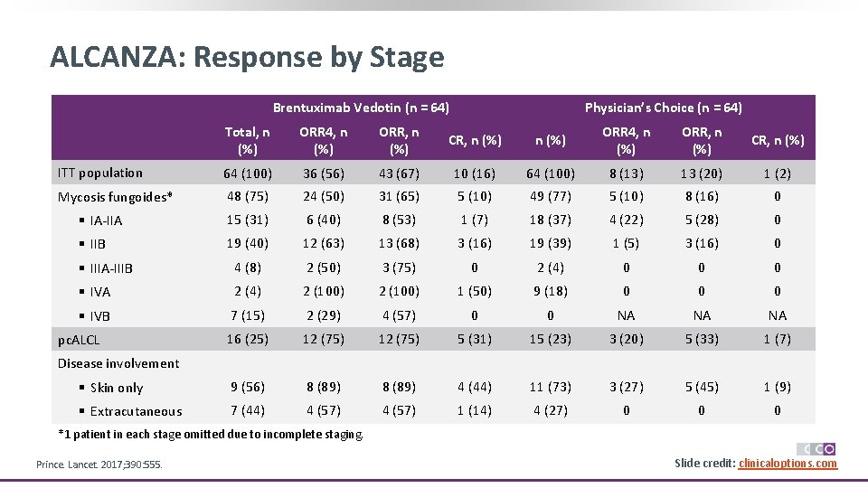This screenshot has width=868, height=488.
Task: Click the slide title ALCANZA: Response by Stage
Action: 247,57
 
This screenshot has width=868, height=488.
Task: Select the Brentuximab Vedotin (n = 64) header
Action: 361,108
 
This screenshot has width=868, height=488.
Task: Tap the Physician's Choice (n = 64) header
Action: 663,108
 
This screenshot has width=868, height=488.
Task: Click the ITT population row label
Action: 99,173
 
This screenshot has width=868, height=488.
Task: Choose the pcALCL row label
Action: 79,340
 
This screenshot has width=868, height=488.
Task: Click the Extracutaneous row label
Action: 136,411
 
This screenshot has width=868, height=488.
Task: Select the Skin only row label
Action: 117,388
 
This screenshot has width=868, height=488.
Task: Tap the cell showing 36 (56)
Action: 323,173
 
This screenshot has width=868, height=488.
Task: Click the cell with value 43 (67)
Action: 399,173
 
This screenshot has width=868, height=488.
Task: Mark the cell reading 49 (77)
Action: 550,196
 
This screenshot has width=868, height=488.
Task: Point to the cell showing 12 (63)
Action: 323,243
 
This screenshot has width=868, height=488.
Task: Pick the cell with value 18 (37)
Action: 550,220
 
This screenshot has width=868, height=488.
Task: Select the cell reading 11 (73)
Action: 550,387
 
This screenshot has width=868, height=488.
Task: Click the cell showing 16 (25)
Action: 247,339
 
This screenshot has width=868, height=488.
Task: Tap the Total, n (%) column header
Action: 247,140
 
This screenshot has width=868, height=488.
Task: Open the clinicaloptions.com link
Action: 788,464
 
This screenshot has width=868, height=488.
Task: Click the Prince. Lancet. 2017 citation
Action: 99,465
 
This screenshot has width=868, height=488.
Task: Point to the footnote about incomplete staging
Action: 211,435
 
